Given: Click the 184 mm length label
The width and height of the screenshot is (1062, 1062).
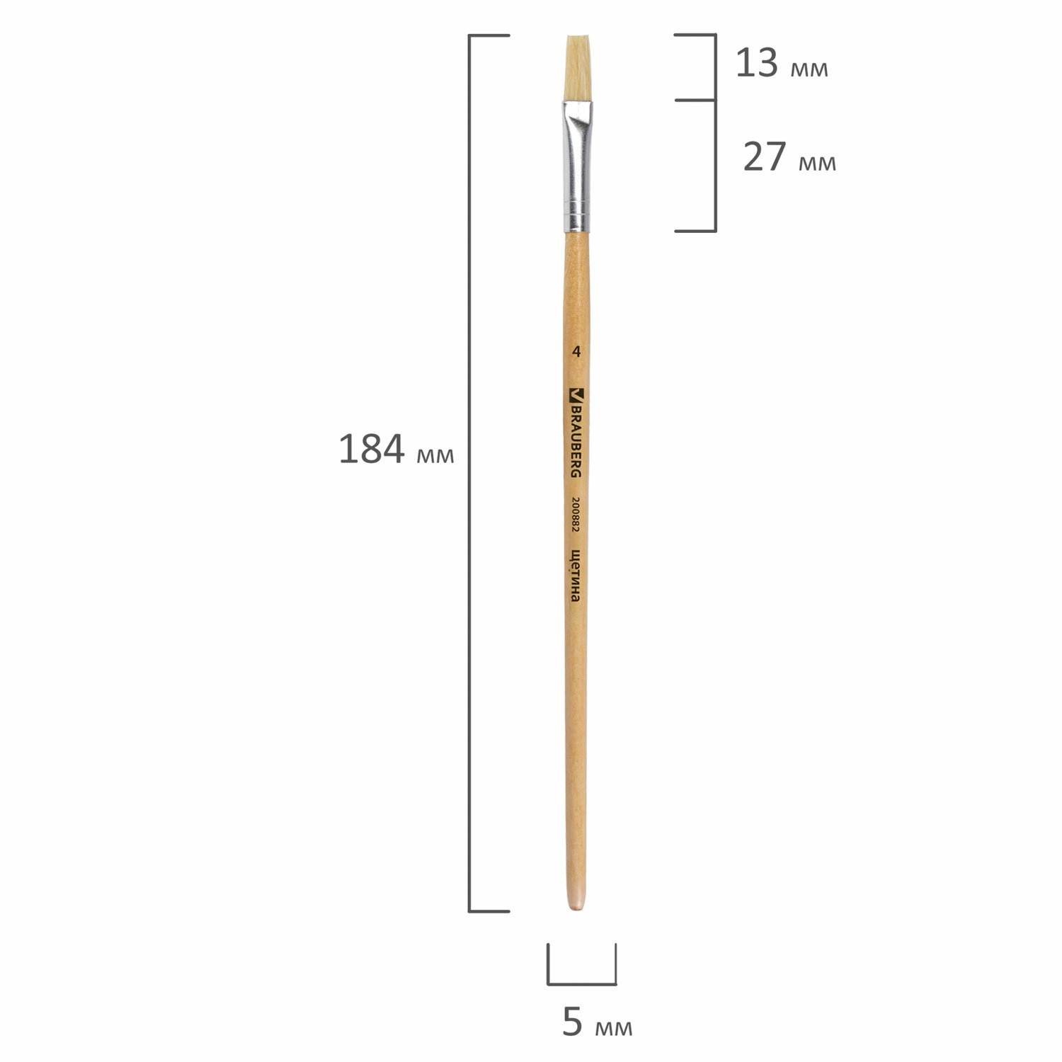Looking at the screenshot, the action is pyautogui.click(x=396, y=450).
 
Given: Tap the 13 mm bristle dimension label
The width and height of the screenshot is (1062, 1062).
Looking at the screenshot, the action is pyautogui.click(x=782, y=64).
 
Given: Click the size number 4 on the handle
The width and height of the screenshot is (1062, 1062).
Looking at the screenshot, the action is pyautogui.click(x=578, y=351).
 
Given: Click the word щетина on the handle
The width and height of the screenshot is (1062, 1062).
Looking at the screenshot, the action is pyautogui.click(x=576, y=576).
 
